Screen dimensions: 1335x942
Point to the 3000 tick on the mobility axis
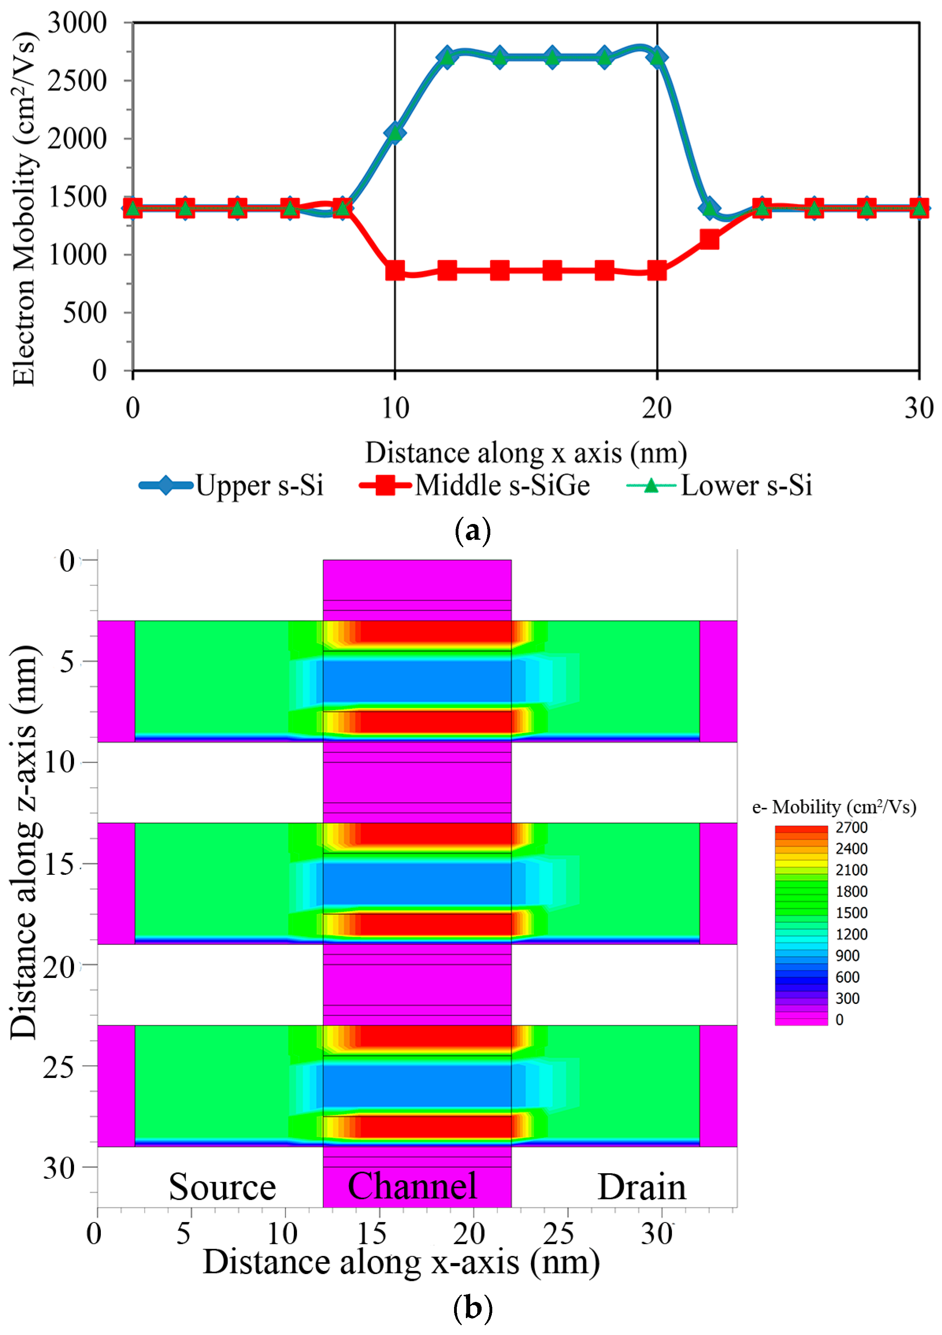click(x=77, y=23)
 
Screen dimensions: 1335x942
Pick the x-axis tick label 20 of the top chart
click(x=656, y=408)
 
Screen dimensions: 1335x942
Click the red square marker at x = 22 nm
click(x=709, y=239)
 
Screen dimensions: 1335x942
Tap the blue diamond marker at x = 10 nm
click(x=395, y=133)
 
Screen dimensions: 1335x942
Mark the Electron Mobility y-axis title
click(x=24, y=209)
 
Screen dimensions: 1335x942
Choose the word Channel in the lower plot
click(x=412, y=1186)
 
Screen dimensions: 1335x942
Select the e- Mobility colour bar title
click(x=834, y=807)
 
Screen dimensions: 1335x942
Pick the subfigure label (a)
click(x=472, y=531)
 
